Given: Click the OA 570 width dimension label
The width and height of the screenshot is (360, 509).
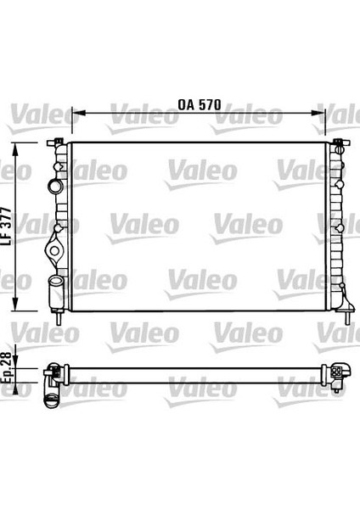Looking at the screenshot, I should click(x=200, y=106).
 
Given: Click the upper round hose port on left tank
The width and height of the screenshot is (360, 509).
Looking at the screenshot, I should click(x=55, y=185).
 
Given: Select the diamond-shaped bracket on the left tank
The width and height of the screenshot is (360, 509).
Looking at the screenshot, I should click(x=55, y=248).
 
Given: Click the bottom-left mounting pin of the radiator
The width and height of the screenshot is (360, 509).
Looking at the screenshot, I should click(x=58, y=320).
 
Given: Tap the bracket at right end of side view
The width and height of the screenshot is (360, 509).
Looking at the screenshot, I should click(x=340, y=372).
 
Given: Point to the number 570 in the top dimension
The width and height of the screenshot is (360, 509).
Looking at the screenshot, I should click(x=210, y=106).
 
